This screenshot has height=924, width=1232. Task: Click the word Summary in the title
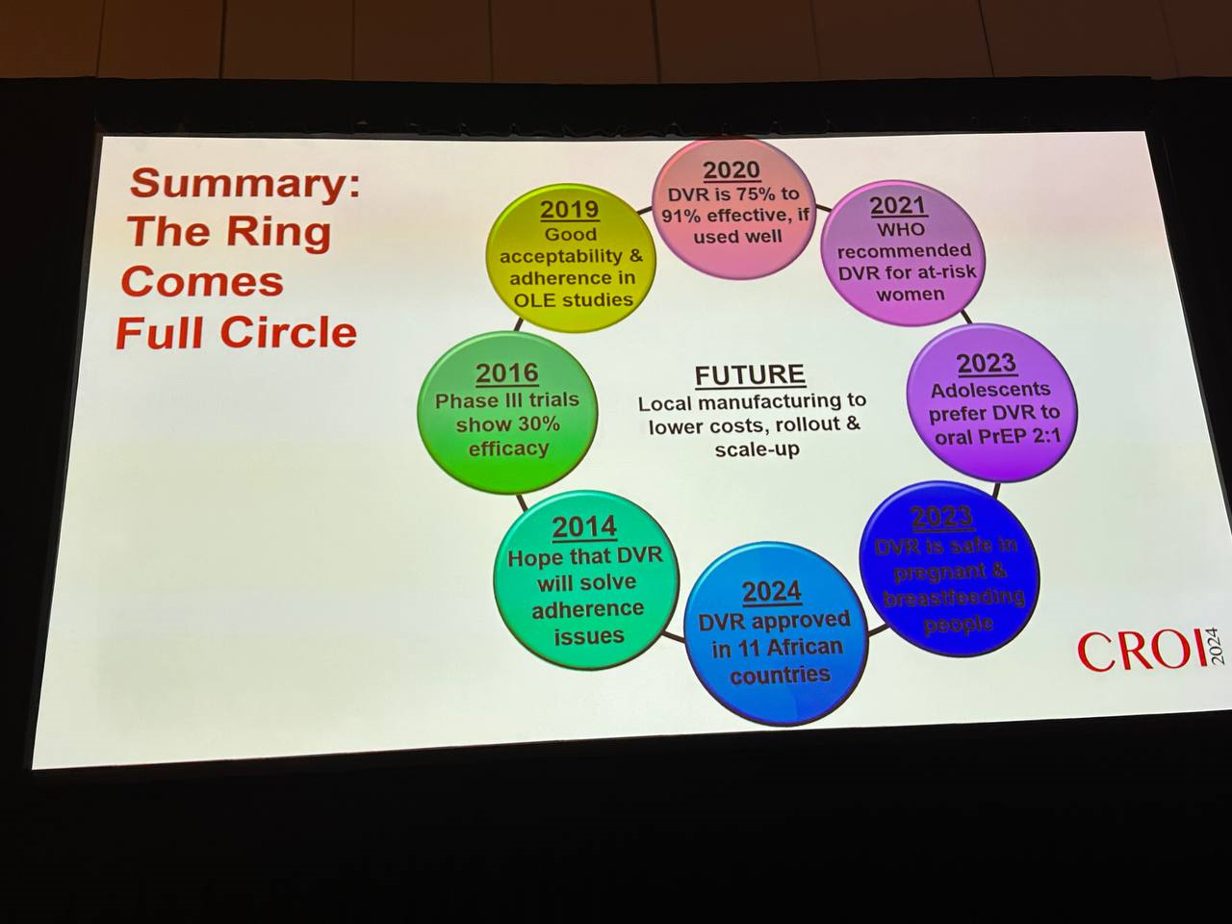coord(245,182)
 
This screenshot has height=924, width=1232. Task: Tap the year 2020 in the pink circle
coord(731,170)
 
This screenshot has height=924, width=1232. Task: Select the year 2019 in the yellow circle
coord(569,209)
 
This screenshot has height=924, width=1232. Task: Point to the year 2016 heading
coord(506,372)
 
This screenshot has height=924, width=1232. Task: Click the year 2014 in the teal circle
coord(583,527)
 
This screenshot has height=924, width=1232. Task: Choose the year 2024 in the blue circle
coord(772,590)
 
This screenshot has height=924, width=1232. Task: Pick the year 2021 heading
coord(898,205)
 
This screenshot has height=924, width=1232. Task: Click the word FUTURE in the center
coord(750,374)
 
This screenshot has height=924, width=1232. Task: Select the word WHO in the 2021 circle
coord(901,229)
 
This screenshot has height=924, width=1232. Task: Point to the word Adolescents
coord(990,390)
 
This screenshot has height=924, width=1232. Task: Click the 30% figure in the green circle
coord(538,424)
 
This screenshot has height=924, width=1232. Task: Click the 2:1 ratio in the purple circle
coord(1037,436)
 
